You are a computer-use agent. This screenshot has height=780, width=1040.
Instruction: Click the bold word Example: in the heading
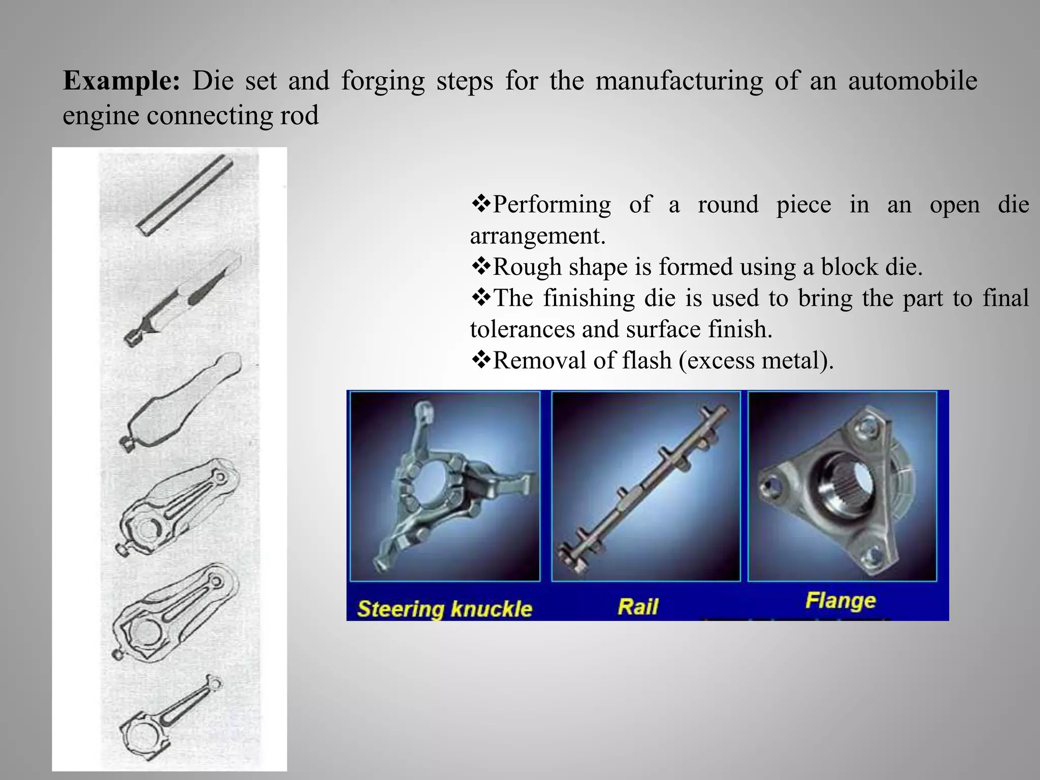(121, 81)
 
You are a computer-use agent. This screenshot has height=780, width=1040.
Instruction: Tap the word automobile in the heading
(913, 81)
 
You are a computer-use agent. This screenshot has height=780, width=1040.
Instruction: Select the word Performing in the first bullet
(551, 205)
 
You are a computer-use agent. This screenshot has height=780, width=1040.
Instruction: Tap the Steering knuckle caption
(444, 609)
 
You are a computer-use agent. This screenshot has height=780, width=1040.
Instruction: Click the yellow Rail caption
(638, 606)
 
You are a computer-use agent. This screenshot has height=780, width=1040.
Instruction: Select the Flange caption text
(840, 601)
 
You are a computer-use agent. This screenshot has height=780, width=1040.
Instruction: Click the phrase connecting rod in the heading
(233, 115)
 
